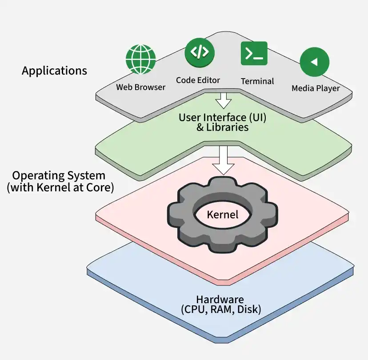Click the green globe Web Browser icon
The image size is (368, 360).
coord(140,59)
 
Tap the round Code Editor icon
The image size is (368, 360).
coord(200,53)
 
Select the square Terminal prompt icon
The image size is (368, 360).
coord(254,53)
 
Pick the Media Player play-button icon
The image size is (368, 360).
coord(315,62)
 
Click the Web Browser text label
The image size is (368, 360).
coord(140,87)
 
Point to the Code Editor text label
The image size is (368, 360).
coord(198,80)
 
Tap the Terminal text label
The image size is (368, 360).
coord(257,81)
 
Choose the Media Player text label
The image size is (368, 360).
coord(316,88)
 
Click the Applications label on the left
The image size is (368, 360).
coord(55,71)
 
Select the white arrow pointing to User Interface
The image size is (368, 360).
coord(224,101)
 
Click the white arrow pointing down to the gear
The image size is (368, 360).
coord(224,160)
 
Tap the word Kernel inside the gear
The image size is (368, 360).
coord(223,214)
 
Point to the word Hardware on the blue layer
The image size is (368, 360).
coord(220,300)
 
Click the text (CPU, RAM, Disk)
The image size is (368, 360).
coord(221,309)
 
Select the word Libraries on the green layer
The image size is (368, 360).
coord(228,127)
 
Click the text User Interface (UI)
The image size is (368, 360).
coord(223,118)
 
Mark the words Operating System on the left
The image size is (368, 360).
coord(59,176)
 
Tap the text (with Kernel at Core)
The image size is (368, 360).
coord(60,187)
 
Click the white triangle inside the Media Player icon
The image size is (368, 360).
coord(314,62)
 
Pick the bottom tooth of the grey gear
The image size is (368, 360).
coord(222,246)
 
